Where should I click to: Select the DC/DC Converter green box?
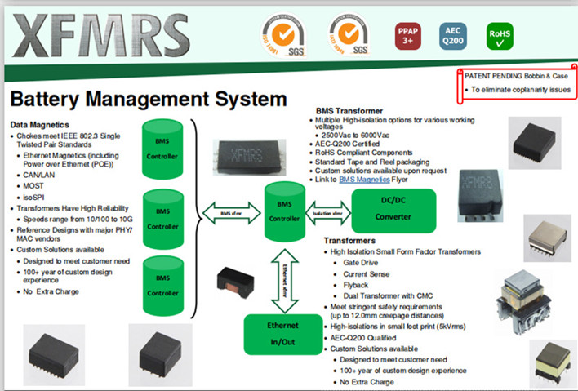(393, 211)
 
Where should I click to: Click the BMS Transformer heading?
(349, 110)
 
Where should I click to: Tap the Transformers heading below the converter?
(349, 241)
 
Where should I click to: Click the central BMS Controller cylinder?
(284, 209)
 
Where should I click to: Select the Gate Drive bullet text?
(361, 263)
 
